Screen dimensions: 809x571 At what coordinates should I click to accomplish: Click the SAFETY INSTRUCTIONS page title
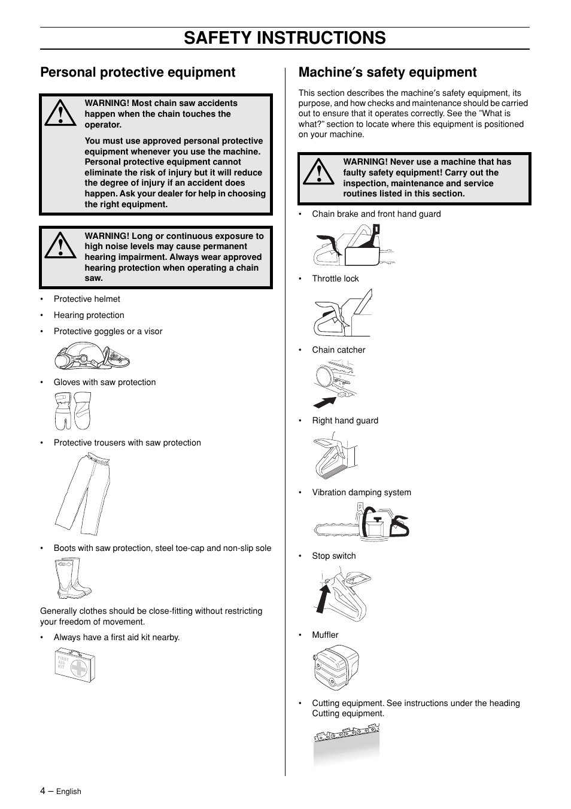click(x=285, y=38)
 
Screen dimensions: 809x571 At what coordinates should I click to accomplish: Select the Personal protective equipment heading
click(x=138, y=72)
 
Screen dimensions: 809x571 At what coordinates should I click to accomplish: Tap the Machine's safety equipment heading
click(x=387, y=72)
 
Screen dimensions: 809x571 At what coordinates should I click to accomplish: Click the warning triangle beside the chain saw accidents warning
click(x=60, y=114)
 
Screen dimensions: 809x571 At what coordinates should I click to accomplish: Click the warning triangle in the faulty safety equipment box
click(x=318, y=172)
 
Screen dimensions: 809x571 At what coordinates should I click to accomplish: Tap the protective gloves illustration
click(x=72, y=411)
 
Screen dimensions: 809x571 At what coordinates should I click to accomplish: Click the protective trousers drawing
click(x=83, y=494)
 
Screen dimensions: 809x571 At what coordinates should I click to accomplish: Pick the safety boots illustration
click(x=74, y=578)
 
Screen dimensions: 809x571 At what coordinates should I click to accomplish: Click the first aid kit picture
click(x=75, y=666)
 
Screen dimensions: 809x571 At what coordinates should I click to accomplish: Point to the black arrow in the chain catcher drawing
click(x=324, y=401)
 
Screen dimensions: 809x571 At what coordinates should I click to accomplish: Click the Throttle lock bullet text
click(x=335, y=278)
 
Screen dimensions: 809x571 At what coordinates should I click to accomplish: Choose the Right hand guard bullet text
click(x=345, y=420)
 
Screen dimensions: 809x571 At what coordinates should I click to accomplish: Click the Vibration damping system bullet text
click(x=361, y=492)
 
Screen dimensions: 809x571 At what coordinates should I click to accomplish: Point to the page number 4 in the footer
click(x=42, y=790)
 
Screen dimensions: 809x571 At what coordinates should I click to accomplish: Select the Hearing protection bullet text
click(x=89, y=315)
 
